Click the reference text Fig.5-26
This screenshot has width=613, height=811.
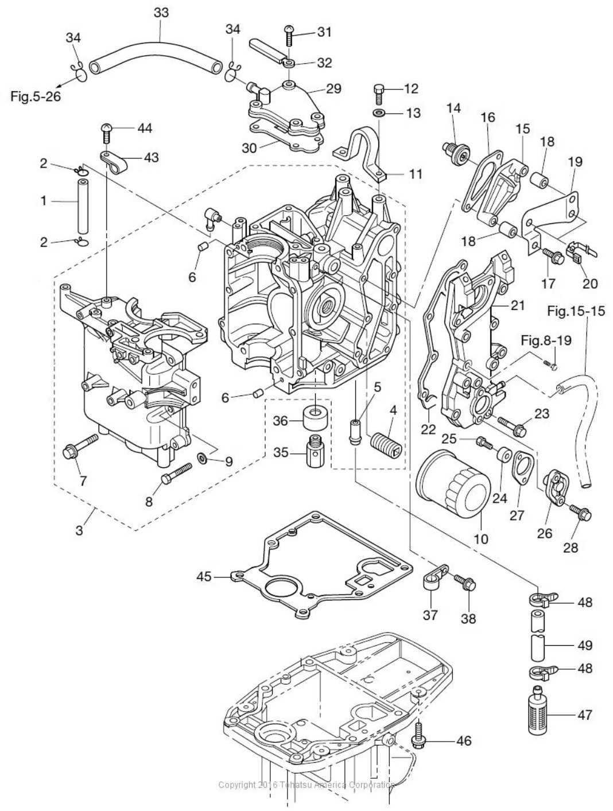[36, 96]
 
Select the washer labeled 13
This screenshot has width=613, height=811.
[379, 112]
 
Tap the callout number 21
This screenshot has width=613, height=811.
[518, 305]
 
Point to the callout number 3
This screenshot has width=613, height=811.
[79, 530]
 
